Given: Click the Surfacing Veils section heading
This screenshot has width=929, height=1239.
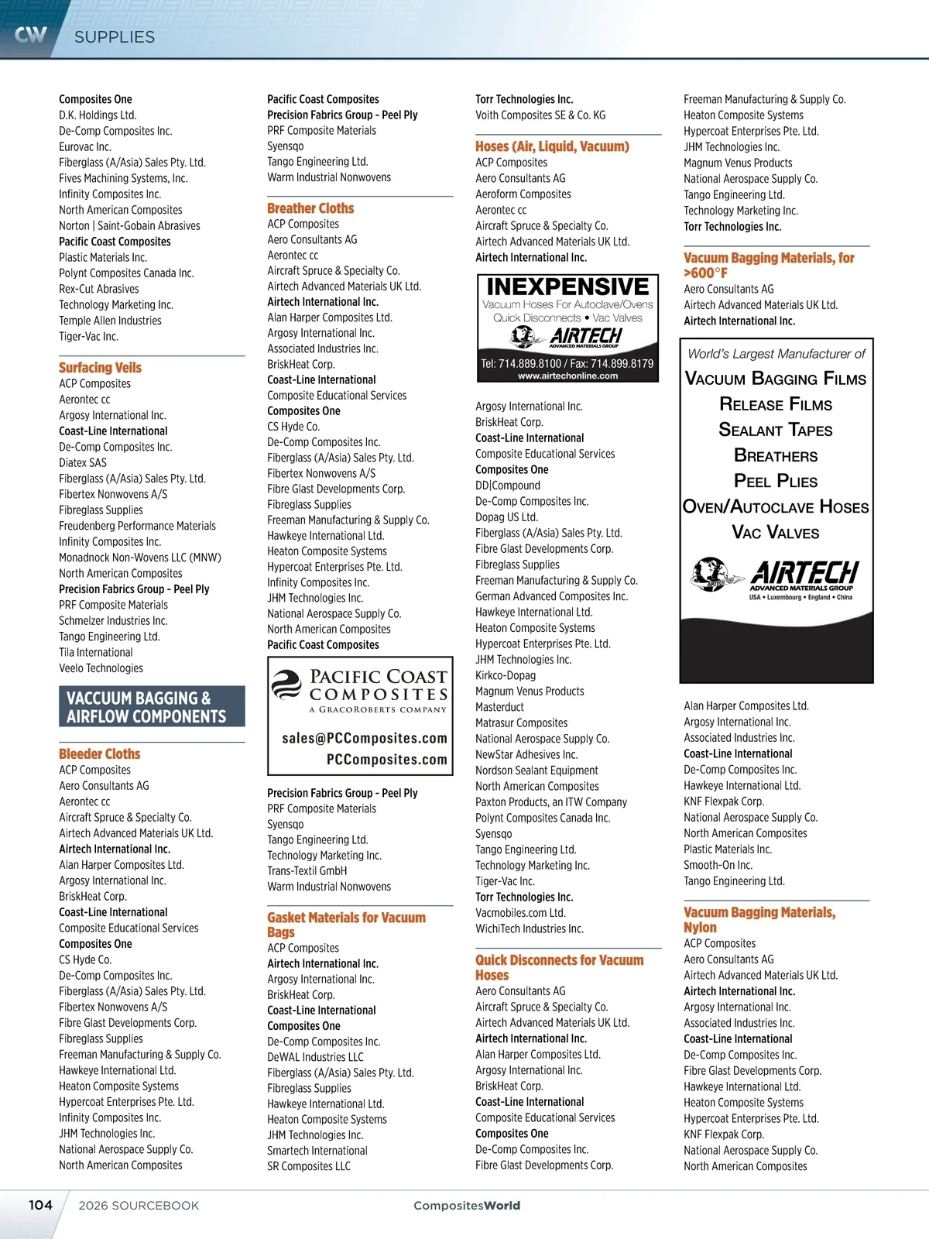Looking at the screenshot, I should (x=100, y=368).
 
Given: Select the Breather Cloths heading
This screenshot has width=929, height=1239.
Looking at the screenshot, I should (x=310, y=208).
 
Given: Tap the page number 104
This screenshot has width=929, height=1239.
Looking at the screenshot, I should (x=40, y=1205).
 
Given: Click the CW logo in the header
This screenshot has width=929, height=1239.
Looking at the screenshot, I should (x=31, y=35).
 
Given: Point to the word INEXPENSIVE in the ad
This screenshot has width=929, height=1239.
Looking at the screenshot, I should (x=567, y=287).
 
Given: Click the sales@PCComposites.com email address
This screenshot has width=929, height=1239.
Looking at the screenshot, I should (x=365, y=738).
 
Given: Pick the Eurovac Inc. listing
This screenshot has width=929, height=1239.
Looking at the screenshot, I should (x=85, y=147).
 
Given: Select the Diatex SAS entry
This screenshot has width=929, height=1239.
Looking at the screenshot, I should (x=83, y=463).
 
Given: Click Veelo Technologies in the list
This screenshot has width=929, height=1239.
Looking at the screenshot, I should (x=101, y=668).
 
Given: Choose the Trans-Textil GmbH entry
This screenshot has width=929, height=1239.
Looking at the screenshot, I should (x=307, y=871).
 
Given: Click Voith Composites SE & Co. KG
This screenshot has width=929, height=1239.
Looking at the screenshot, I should (x=540, y=115).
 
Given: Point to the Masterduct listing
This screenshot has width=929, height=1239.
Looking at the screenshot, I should (x=499, y=707).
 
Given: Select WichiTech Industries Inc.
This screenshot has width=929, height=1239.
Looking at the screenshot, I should (x=530, y=928).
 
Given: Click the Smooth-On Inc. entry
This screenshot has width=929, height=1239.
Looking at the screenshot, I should (x=718, y=865).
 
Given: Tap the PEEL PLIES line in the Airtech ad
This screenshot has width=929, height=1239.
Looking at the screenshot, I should (x=775, y=481).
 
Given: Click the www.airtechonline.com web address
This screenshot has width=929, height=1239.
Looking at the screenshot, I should (x=567, y=376).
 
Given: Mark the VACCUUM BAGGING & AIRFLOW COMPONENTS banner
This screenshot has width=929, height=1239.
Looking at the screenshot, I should (x=152, y=707).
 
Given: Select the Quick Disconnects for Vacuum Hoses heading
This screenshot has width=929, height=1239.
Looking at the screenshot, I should (x=559, y=967).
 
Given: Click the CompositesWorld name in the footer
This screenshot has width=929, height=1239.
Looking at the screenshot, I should (x=467, y=1206).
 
